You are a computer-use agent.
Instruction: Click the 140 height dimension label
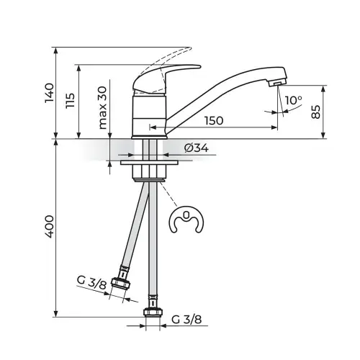(x=50, y=93)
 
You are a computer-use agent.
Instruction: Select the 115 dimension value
(x=71, y=101)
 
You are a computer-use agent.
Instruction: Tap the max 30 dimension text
(x=102, y=108)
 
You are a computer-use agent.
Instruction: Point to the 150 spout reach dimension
(x=214, y=120)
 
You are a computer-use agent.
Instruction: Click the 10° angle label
(x=294, y=100)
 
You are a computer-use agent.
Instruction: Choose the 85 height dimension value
(x=316, y=112)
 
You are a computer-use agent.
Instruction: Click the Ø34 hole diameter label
(x=197, y=148)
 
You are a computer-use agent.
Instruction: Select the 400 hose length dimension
(x=50, y=227)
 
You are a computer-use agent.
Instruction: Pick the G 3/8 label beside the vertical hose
(x=186, y=320)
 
